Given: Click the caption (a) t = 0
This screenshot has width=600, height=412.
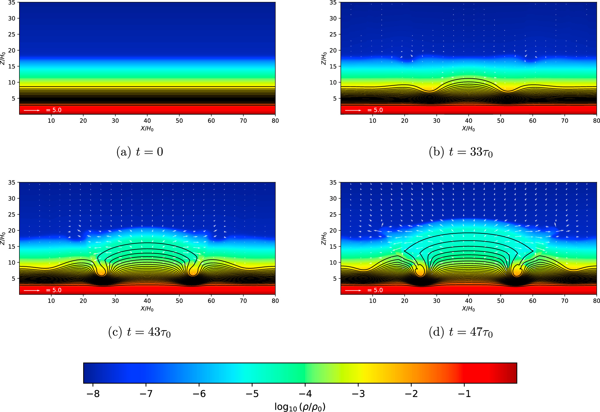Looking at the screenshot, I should (x=140, y=152).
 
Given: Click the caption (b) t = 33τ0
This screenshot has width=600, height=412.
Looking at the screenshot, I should (x=461, y=152).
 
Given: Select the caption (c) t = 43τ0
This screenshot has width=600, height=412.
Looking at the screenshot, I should (x=139, y=332).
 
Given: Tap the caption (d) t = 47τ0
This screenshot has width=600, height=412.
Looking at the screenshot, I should (x=461, y=332).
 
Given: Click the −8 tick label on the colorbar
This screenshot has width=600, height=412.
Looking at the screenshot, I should (x=93, y=394).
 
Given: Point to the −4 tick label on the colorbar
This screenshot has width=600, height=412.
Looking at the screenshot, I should (x=305, y=394).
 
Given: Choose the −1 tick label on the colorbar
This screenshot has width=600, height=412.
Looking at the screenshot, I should (x=464, y=394).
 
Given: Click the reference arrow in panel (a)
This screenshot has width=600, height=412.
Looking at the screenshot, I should (x=32, y=110).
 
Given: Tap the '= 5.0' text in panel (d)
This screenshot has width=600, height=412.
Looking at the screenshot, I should (x=375, y=290).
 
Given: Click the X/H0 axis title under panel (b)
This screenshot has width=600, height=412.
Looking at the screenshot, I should (x=468, y=129).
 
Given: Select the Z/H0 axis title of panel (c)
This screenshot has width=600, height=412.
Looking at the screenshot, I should (x=3, y=238).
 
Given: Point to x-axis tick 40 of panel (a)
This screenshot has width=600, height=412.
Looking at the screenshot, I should (x=147, y=121).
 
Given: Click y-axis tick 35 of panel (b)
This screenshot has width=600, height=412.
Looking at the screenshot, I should (x=333, y=3).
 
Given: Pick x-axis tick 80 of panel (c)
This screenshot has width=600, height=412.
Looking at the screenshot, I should (x=275, y=301).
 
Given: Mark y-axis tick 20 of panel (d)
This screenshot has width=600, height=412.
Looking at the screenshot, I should (x=333, y=230).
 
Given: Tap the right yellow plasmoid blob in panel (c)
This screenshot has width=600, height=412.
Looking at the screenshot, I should (x=193, y=271).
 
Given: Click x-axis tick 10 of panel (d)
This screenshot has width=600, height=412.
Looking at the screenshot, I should (x=372, y=301).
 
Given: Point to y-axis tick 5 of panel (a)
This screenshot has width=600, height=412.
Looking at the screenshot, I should (x=13, y=99).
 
